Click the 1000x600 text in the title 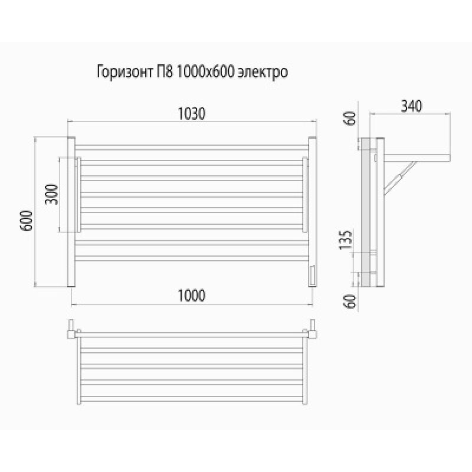click(202, 73)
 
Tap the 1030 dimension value click(192, 113)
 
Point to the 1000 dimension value click(192, 296)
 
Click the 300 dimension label click(51, 194)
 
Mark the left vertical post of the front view click(70, 212)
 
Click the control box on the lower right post click(312, 275)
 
